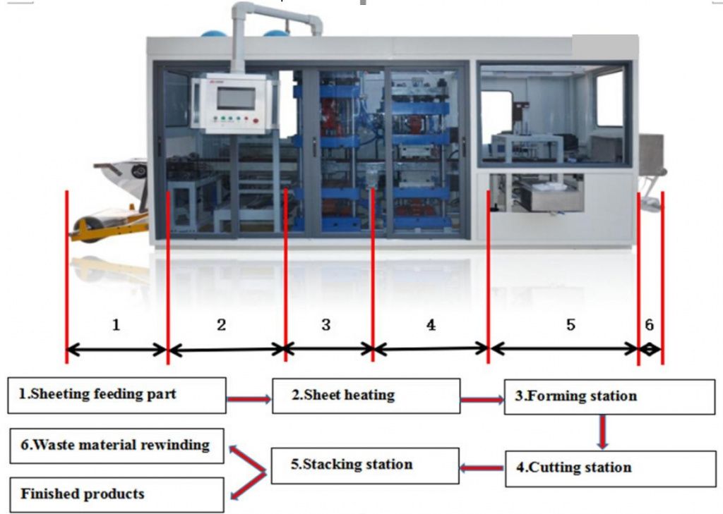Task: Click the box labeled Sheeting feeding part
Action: (116, 395)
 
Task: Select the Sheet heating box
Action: (366, 396)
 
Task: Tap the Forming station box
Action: (609, 397)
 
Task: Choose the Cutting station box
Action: (611, 468)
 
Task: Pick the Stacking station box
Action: (365, 465)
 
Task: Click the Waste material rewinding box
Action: (116, 446)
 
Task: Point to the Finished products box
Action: (116, 495)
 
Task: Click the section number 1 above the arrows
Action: (116, 325)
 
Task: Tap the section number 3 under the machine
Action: (326, 325)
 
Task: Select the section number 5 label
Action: (570, 325)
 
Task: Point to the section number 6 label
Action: (650, 325)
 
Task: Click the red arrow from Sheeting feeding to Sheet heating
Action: (249, 399)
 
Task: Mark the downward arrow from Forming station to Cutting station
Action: (602, 432)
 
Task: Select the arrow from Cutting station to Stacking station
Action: (482, 468)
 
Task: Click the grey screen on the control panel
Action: (236, 98)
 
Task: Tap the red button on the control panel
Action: (256, 121)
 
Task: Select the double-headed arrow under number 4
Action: (431, 349)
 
